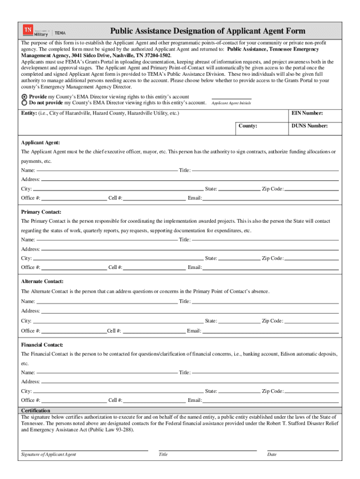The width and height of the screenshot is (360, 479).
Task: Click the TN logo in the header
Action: coord(28,30)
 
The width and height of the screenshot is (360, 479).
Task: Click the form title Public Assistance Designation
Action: coord(208,31)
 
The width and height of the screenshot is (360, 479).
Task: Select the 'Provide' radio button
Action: coord(24,96)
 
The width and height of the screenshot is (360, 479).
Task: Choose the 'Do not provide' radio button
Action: coord(24,102)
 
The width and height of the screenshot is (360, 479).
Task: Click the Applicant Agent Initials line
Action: coord(231,98)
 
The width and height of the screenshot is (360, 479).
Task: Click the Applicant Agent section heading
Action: coord(41,143)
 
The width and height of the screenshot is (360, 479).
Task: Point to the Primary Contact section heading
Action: coord(41,212)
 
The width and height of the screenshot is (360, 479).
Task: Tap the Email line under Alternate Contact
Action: coord(270,331)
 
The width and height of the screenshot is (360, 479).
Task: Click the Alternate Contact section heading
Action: coord(43,281)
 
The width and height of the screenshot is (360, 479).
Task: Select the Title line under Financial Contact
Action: coord(265,372)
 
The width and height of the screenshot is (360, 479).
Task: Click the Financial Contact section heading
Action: coord(42,345)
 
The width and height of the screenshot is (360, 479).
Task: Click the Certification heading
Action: coord(36,411)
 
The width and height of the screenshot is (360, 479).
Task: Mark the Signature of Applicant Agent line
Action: coord(85,450)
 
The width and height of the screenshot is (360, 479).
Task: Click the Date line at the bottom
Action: coord(302,450)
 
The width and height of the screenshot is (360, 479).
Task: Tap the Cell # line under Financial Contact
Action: coord(154,400)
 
